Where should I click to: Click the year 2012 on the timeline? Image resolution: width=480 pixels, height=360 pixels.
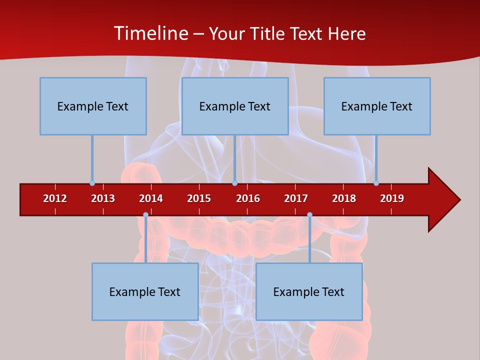click(55, 198)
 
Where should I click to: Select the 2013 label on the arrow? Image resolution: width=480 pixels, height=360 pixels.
click(103, 198)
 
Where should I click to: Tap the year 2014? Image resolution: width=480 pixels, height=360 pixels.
click(151, 198)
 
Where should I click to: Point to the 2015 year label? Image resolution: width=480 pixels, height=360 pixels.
click(199, 198)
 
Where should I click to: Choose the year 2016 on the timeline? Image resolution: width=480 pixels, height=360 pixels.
click(248, 198)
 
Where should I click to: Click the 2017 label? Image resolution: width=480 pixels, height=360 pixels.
click(296, 198)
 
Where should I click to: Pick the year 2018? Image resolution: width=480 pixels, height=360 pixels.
click(344, 198)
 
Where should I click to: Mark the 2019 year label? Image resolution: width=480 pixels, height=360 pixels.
click(392, 198)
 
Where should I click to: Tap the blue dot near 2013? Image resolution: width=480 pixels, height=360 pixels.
click(92, 183)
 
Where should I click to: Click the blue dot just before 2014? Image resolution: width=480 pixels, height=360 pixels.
click(145, 215)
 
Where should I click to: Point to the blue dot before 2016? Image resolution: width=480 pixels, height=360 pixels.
click(234, 183)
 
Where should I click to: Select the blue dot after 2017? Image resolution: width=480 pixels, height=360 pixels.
click(309, 215)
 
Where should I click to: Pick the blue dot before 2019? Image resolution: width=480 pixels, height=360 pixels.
click(376, 183)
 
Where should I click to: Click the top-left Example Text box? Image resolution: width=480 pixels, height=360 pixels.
click(93, 106)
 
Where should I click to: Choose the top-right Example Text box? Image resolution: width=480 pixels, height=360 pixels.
click(377, 106)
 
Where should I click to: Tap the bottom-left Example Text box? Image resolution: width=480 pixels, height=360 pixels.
click(145, 291)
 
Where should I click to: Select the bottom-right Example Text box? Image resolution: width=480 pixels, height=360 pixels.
click(309, 291)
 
